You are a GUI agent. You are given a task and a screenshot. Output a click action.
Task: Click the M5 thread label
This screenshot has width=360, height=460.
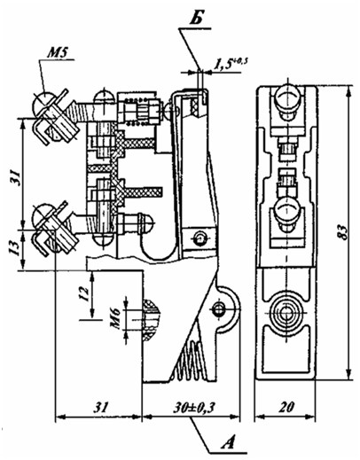pos(58,53)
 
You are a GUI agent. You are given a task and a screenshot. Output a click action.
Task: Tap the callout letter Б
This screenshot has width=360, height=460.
pos(195,20)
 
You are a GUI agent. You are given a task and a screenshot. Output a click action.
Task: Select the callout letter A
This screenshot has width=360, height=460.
pos(228,442)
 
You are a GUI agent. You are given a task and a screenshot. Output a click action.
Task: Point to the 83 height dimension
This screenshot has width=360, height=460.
pos(342,232)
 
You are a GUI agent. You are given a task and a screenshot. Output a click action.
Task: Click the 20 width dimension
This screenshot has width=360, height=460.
pos(286,408)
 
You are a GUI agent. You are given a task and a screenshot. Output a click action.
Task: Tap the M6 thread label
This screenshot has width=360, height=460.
pos(115,319)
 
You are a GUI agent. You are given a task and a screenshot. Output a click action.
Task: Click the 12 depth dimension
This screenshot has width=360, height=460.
pos(84,293)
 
